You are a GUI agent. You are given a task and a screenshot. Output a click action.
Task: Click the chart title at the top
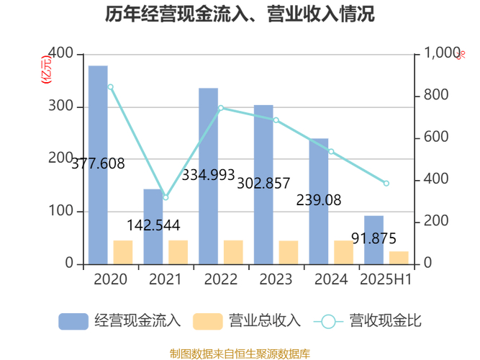(x=240, y=14)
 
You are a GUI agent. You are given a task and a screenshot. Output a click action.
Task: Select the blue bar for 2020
(x=98, y=165)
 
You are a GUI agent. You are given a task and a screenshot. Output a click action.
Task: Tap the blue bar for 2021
(x=153, y=227)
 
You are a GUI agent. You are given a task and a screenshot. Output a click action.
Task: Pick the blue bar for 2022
(x=208, y=176)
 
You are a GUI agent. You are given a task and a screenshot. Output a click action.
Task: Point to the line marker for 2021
(x=165, y=197)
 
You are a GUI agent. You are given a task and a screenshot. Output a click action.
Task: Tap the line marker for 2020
(x=110, y=87)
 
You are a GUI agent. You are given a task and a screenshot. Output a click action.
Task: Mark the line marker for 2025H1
(x=386, y=184)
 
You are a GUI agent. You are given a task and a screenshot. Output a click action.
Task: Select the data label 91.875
(x=373, y=238)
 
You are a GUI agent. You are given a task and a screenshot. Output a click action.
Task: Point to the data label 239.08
(x=319, y=200)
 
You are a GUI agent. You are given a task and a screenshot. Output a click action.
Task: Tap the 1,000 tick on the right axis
(x=442, y=54)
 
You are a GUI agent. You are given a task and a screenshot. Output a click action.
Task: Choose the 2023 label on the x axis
(x=276, y=279)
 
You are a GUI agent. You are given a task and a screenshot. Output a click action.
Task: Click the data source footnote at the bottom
(x=240, y=353)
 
